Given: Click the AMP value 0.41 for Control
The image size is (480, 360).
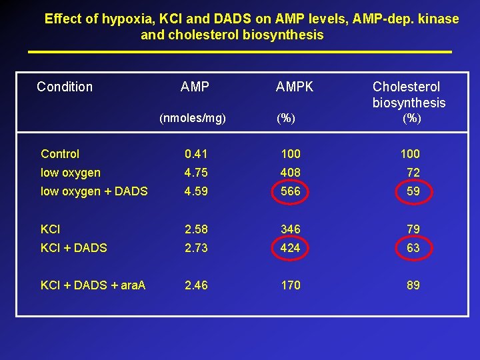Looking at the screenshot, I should (x=196, y=154).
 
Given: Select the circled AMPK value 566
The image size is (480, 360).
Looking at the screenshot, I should (x=291, y=192).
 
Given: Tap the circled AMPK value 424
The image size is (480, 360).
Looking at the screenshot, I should (x=291, y=248).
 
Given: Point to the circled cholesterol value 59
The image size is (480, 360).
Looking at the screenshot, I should (x=413, y=192).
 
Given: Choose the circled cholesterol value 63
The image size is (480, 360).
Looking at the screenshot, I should (x=413, y=248).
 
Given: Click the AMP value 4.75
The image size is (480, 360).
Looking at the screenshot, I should (x=196, y=173).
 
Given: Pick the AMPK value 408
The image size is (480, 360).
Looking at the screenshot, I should (x=291, y=173).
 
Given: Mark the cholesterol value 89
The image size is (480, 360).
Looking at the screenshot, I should (x=413, y=285).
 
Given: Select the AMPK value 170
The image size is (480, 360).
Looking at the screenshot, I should (x=291, y=285).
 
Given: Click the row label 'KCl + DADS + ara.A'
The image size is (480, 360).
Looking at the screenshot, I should (x=93, y=285).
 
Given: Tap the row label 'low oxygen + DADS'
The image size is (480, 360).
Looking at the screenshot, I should (x=94, y=192).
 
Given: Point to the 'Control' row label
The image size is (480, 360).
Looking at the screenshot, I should (x=60, y=154).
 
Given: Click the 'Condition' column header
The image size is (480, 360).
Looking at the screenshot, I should (x=65, y=87).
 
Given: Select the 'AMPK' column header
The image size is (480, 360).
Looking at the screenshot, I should (x=295, y=87).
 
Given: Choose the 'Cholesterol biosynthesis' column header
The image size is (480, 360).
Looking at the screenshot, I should (x=409, y=95).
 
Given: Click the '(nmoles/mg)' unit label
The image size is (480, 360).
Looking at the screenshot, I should (x=193, y=119).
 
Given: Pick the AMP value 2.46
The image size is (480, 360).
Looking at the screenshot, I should (x=196, y=285).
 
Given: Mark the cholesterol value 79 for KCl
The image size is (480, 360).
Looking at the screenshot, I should (x=413, y=229).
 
